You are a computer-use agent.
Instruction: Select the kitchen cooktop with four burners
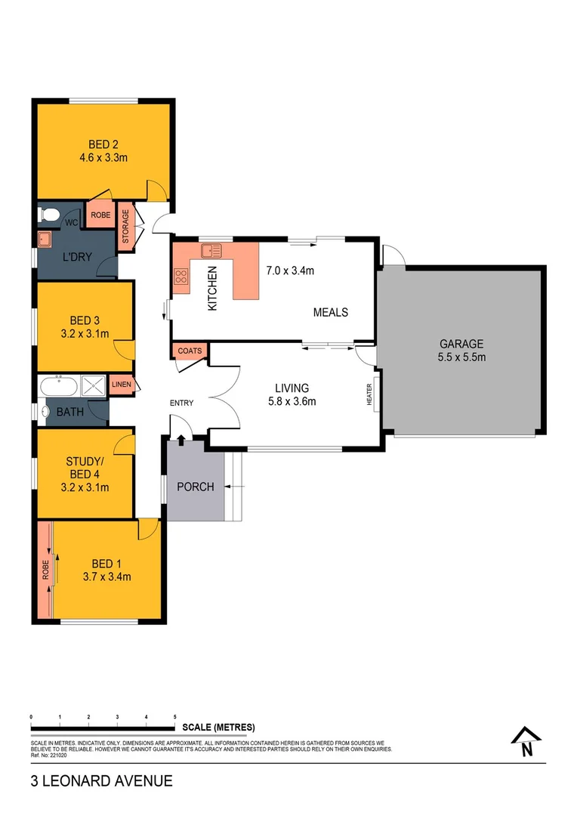(181, 277)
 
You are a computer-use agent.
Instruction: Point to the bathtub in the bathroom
(59, 386)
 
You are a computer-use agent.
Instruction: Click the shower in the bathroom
(94, 386)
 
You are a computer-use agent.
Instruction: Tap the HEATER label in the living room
(370, 394)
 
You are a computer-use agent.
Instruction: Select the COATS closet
(189, 351)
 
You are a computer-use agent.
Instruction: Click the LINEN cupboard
(122, 385)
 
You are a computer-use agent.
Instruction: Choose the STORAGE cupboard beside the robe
(125, 226)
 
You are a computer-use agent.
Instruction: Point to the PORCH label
(195, 487)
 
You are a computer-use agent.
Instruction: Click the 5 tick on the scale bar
(175, 716)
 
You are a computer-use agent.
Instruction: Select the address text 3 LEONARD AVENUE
(101, 781)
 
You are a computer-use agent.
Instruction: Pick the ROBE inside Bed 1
(45, 568)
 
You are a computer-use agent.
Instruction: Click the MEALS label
(331, 311)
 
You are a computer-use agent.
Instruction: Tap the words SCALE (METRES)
(218, 728)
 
